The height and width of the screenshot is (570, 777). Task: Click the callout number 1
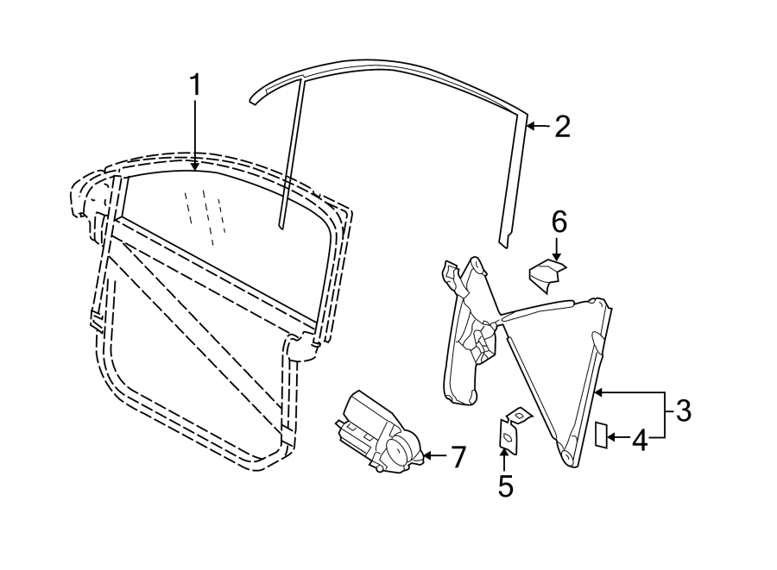(196, 85)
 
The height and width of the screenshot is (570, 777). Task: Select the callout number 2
(562, 126)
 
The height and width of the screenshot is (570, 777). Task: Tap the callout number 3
(684, 410)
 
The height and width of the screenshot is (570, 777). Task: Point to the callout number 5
(505, 485)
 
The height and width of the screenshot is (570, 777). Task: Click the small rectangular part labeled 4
(601, 435)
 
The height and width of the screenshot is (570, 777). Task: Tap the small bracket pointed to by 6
(547, 275)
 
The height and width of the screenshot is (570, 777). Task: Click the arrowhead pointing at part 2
(530, 126)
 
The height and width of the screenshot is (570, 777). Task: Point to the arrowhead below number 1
(196, 166)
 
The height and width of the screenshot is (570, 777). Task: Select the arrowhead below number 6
(558, 255)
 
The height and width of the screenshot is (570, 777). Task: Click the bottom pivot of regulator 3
(567, 455)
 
